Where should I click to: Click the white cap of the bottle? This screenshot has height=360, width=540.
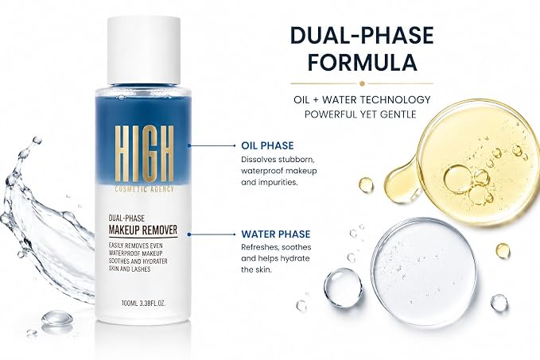(x=144, y=50)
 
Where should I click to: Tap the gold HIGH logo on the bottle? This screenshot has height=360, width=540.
(x=144, y=153)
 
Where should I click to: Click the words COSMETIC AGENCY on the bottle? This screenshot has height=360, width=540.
(x=144, y=189)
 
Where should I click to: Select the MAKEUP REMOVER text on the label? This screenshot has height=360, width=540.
(x=143, y=230)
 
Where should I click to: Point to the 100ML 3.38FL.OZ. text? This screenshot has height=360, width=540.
(x=144, y=304)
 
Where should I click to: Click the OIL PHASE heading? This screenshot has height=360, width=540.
(x=267, y=145)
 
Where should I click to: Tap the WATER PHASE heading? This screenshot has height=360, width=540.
(x=275, y=234)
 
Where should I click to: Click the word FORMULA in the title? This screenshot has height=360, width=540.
(x=362, y=62)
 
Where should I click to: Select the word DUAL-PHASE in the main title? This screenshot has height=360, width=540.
(x=362, y=35)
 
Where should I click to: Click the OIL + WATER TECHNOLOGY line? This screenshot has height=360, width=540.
(x=362, y=100)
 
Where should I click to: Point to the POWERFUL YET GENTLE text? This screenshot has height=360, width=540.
(x=360, y=114)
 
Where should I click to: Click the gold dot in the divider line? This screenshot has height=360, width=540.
(x=362, y=83)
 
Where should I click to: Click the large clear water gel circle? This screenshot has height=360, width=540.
(x=424, y=272)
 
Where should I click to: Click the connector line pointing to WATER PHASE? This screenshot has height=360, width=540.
(x=212, y=234)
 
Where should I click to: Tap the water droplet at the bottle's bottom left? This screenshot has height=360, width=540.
(x=57, y=318)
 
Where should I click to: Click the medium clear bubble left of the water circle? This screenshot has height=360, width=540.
(x=343, y=288)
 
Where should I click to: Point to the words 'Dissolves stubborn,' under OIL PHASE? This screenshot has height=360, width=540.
(x=278, y=160)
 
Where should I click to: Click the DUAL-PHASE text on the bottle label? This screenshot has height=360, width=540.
(x=126, y=219)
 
